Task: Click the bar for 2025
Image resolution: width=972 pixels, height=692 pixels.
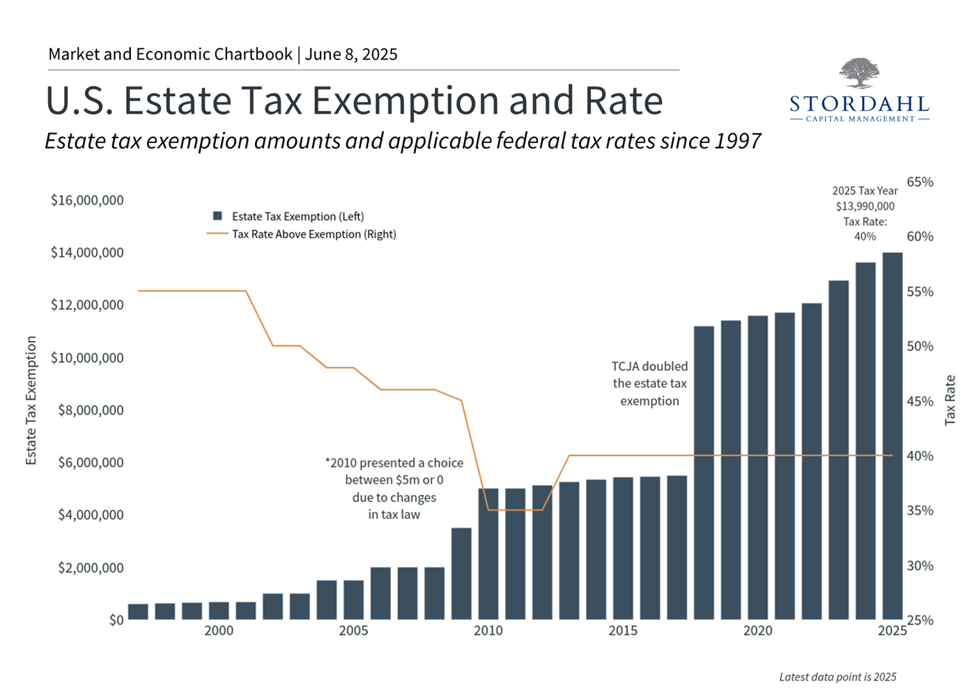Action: (x=892, y=436)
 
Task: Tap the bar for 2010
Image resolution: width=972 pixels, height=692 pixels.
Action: (x=488, y=553)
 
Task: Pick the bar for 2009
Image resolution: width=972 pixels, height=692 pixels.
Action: (x=461, y=574)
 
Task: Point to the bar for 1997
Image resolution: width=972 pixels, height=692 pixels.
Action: (x=138, y=611)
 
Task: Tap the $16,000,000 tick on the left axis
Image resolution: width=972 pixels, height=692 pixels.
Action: (x=87, y=201)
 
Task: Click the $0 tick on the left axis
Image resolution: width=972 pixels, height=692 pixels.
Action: (x=116, y=620)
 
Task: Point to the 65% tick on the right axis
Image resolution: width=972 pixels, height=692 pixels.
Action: (x=920, y=182)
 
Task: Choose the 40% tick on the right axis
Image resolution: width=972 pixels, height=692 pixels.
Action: (x=920, y=456)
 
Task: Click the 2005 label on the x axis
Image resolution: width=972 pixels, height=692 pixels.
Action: (x=353, y=631)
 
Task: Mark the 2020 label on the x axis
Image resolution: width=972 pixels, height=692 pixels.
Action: (x=757, y=631)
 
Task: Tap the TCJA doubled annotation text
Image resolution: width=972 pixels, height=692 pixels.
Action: (x=649, y=383)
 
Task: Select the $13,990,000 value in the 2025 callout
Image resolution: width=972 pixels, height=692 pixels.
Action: (x=865, y=206)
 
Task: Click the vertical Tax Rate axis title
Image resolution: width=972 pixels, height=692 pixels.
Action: (x=950, y=400)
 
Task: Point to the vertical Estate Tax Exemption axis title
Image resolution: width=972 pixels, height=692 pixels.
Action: (x=31, y=400)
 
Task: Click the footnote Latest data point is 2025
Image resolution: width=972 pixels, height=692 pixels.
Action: (x=838, y=677)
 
